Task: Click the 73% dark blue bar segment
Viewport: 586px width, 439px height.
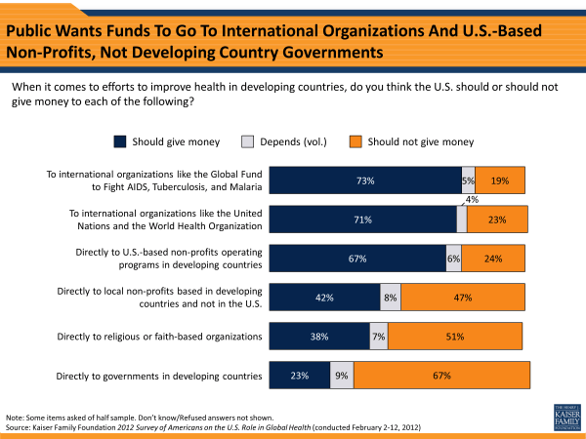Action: coord(365,180)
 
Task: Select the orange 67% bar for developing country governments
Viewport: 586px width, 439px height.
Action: coord(441,376)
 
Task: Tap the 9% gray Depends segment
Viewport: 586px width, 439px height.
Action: coord(342,376)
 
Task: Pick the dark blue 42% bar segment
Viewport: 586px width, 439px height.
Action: coord(324,298)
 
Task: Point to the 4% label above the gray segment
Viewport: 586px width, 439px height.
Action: coord(472,200)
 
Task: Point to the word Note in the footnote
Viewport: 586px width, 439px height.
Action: coord(16,416)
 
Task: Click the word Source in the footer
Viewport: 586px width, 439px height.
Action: coord(20,426)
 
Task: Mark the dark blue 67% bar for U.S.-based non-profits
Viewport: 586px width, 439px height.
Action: coord(356,259)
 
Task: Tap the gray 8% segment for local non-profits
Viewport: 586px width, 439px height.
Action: coord(391,298)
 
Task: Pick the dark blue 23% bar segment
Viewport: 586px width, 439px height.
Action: coord(300,376)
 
